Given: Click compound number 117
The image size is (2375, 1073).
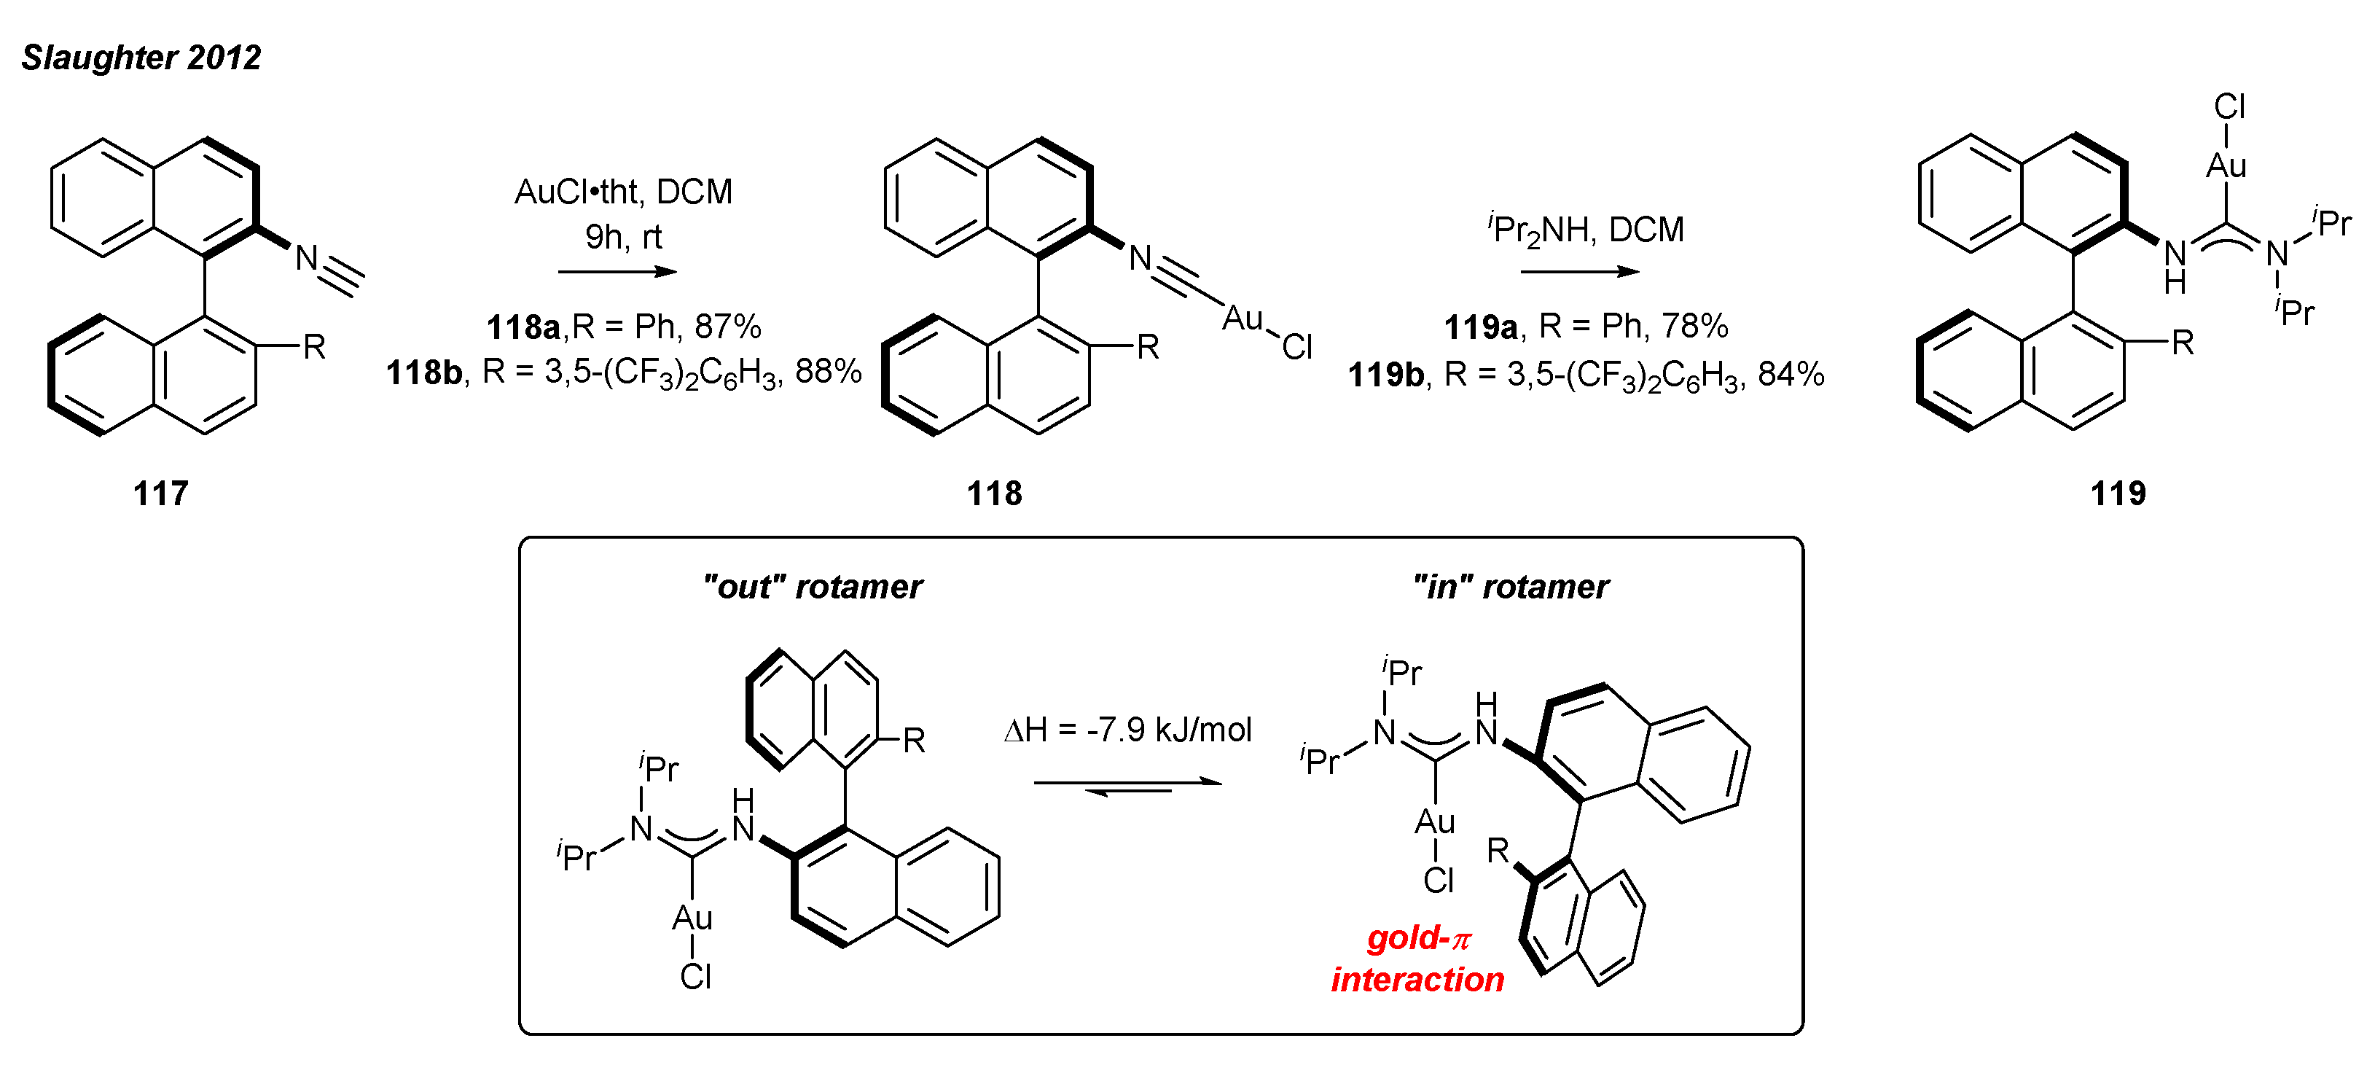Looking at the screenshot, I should point(160,494).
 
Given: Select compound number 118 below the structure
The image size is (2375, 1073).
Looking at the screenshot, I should point(994,494).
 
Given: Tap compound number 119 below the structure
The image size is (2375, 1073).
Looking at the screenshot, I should point(2118,494).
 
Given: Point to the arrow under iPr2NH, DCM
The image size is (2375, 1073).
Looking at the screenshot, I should point(1579,272).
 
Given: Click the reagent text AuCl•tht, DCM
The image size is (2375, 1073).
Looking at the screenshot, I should point(623,192).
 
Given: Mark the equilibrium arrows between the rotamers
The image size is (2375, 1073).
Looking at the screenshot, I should point(1127,787).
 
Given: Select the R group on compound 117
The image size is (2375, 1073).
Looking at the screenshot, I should point(314,348).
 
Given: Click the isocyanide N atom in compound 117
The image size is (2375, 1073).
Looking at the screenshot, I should point(307,259).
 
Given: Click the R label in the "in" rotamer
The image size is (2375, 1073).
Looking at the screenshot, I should point(1498,850).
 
